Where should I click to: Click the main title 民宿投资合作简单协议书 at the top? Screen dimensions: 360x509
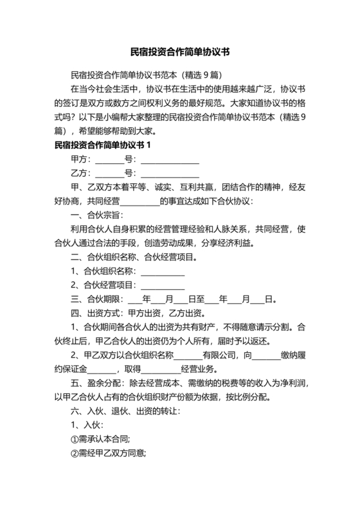click(x=180, y=49)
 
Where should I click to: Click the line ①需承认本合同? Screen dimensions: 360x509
click(x=100, y=440)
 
